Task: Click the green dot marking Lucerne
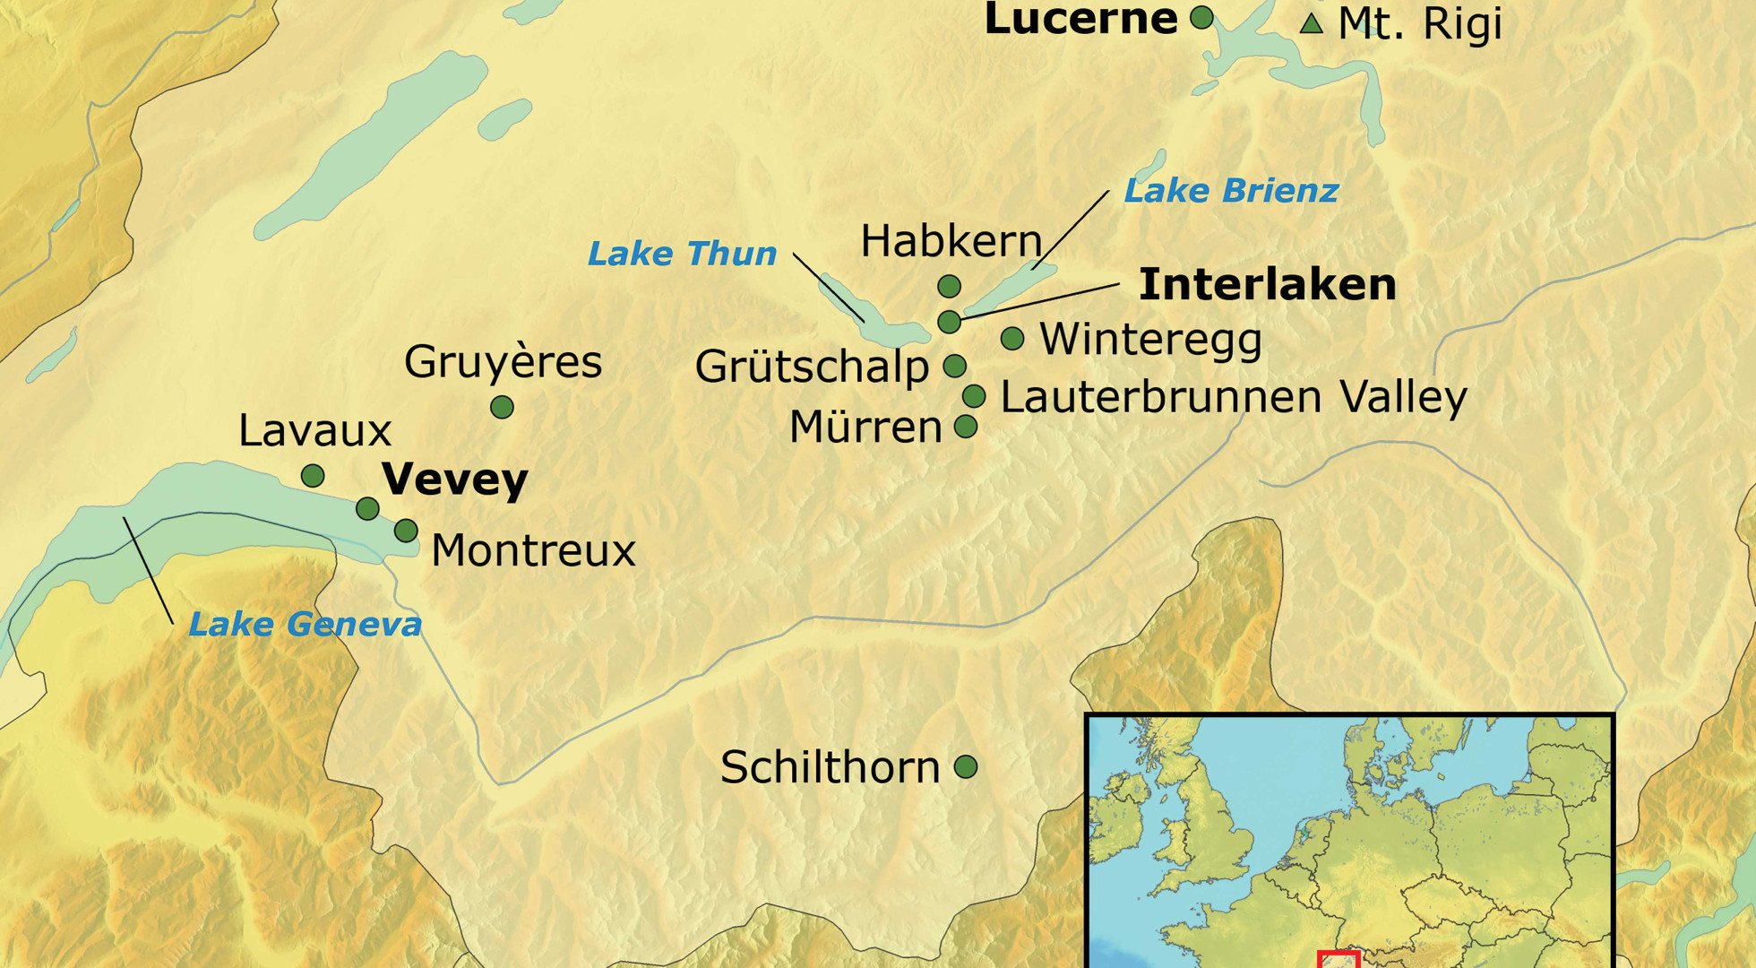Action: [1201, 17]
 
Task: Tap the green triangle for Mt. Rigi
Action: [1312, 24]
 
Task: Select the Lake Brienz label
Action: [1231, 191]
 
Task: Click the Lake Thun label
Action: [682, 254]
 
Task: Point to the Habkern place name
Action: [951, 241]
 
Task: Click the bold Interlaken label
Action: [1267, 284]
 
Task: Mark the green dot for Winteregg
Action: [1012, 339]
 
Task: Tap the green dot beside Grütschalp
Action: [955, 366]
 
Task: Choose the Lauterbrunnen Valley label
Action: [1234, 397]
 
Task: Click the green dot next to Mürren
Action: [966, 427]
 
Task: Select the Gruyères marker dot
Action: [502, 408]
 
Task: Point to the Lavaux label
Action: [314, 431]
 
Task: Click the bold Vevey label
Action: [454, 480]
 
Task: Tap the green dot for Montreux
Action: [406, 531]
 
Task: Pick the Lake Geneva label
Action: [305, 625]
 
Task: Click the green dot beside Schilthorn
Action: [966, 767]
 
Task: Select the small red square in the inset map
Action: [1339, 960]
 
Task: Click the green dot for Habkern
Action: [950, 287]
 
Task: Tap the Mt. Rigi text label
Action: [1419, 24]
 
